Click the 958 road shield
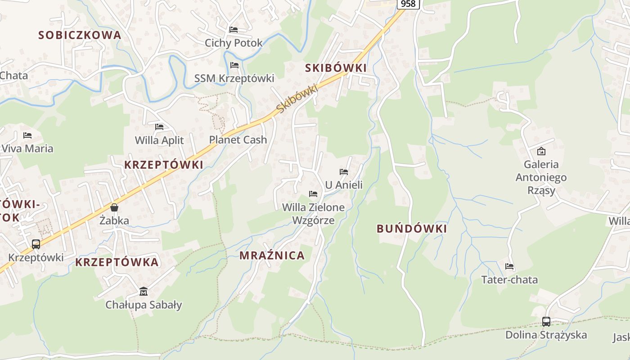[x=408, y=4]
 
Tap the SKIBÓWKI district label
[x=336, y=68]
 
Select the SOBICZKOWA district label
[x=80, y=35]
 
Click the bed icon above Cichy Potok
[x=234, y=30]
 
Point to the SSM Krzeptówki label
[x=234, y=78]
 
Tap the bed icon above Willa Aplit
[x=159, y=127]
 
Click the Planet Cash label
[x=238, y=140]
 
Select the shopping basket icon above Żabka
[x=114, y=207]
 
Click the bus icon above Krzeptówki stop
[x=36, y=244]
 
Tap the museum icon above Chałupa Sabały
[x=144, y=292]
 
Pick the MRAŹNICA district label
[x=272, y=256]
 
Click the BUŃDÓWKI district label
[x=412, y=229]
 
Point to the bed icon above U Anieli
[x=344, y=172]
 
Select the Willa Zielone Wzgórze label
[x=313, y=214]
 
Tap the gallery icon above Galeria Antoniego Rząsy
[x=541, y=151]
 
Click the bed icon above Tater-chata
[x=509, y=266]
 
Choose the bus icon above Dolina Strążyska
[x=546, y=322]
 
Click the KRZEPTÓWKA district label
[x=117, y=262]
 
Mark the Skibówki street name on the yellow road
[x=297, y=99]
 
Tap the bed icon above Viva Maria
[x=27, y=135]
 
